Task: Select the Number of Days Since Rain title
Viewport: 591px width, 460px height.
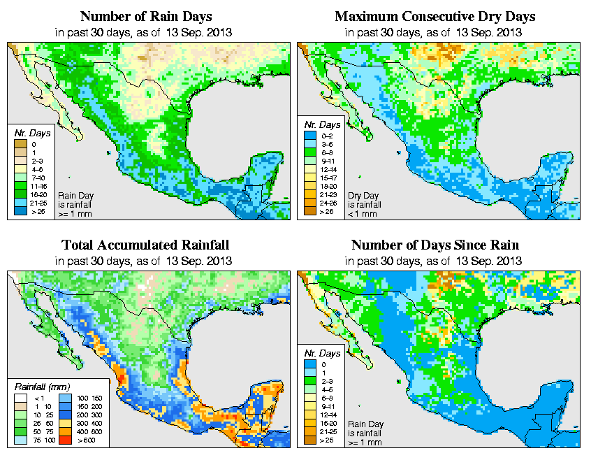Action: pos(435,245)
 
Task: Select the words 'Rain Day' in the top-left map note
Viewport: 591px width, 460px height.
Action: pos(71,196)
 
